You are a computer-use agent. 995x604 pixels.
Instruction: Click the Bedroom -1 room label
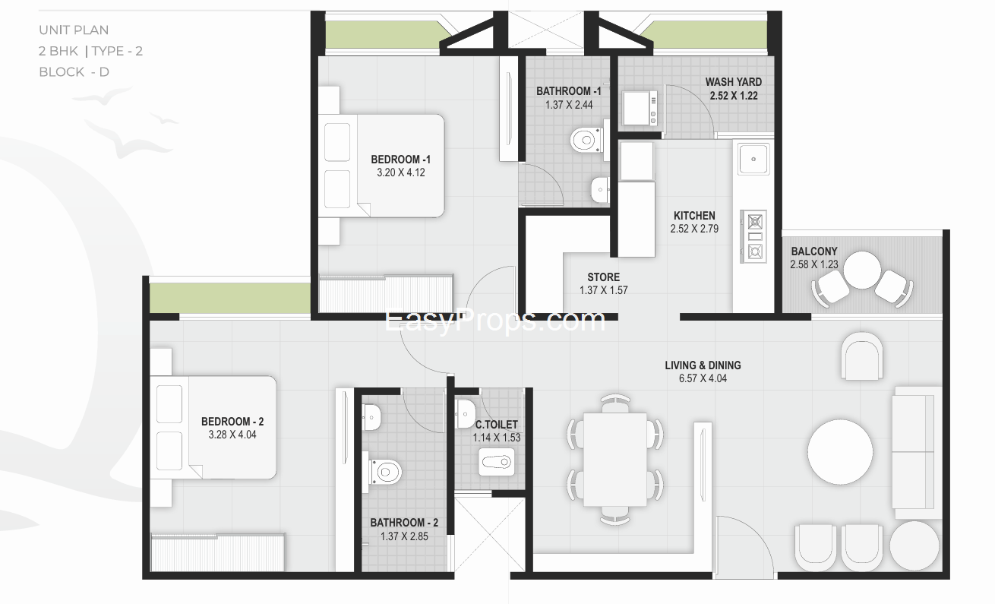[x=401, y=159]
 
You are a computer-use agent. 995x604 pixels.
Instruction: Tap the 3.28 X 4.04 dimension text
[x=232, y=435]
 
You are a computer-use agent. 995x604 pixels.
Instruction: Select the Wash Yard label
[x=734, y=82]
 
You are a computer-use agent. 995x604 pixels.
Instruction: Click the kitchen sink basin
[x=753, y=159]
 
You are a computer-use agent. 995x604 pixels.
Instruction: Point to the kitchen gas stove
[x=753, y=236]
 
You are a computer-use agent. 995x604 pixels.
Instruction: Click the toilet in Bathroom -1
[x=586, y=140]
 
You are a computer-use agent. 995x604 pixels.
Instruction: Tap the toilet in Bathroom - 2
[x=385, y=471]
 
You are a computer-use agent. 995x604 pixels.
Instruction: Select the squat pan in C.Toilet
[x=497, y=462]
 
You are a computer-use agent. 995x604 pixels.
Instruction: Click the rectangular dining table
[x=614, y=460]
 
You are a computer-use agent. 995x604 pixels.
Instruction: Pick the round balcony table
[x=862, y=270]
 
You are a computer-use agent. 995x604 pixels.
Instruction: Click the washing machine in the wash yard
[x=640, y=108]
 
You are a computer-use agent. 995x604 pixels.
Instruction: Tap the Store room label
[x=603, y=277]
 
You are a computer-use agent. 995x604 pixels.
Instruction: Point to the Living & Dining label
[x=703, y=365]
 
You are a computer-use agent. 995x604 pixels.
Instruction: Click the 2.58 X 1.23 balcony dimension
[x=813, y=264]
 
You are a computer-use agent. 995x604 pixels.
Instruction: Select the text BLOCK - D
[x=74, y=72]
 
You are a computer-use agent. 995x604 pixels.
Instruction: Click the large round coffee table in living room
[x=840, y=452]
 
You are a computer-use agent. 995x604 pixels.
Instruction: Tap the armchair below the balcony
[x=862, y=356]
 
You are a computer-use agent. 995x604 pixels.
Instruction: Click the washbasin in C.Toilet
[x=465, y=414]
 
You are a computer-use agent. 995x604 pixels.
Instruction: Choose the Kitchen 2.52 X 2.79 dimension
[x=694, y=229]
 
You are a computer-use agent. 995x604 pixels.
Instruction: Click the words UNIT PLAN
[x=74, y=30]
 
